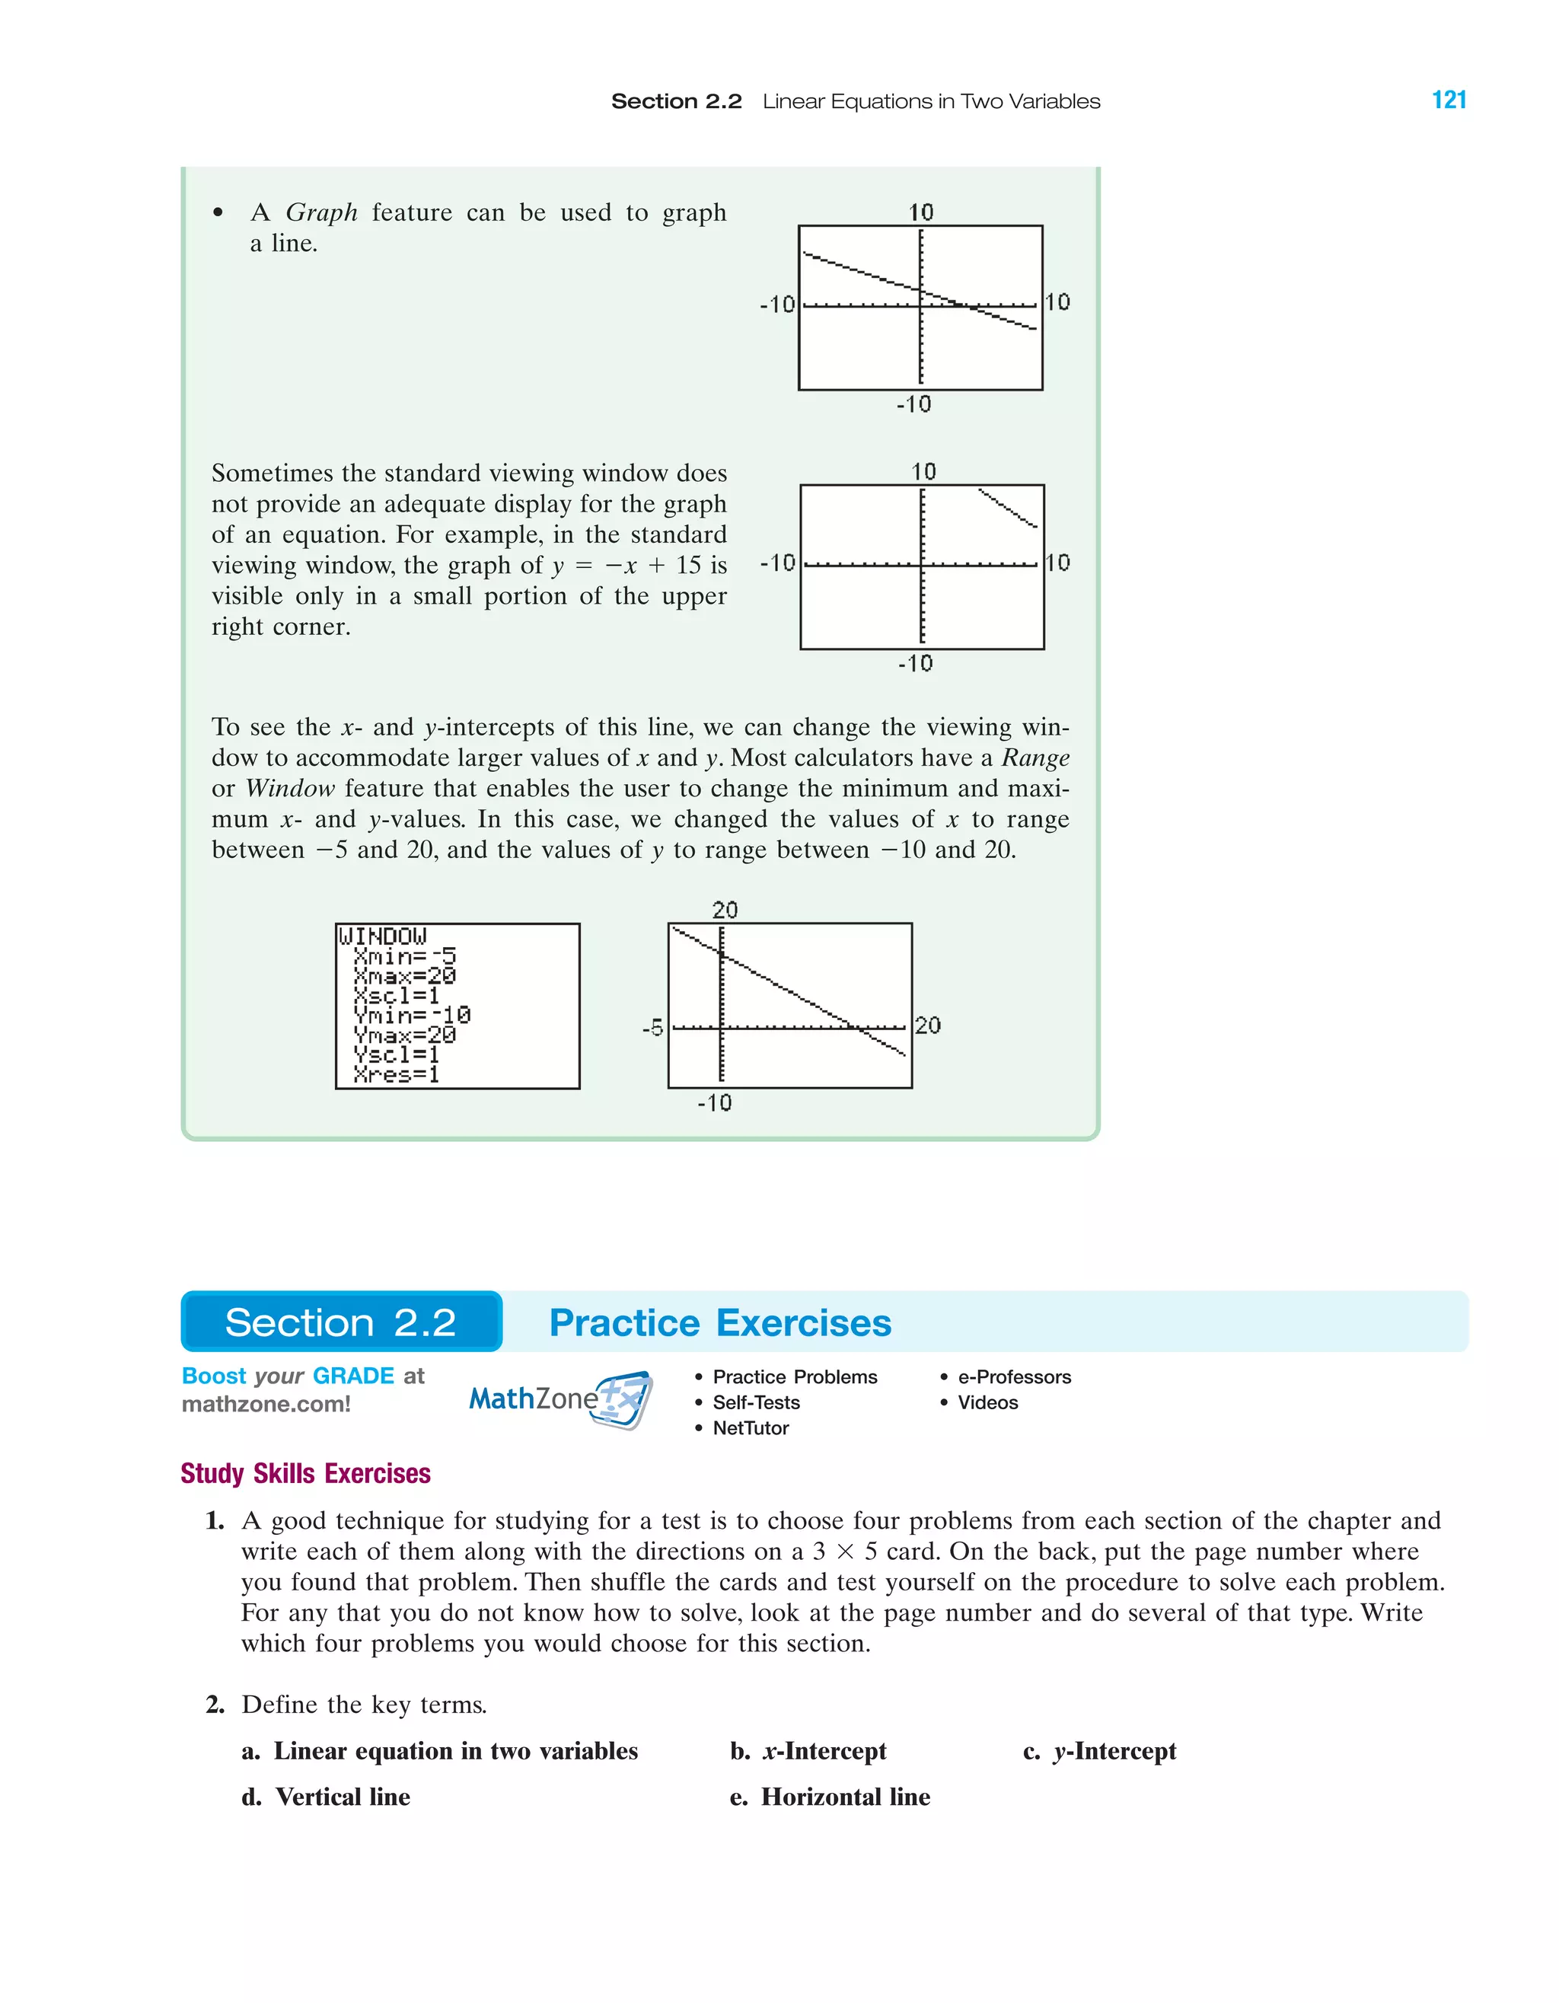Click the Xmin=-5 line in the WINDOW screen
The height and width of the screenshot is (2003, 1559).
coord(404,956)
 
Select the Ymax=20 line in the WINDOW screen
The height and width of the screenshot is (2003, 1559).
coord(404,1035)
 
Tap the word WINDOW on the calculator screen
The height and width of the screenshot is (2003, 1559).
coord(382,936)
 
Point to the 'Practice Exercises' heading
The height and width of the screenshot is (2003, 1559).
coord(720,1322)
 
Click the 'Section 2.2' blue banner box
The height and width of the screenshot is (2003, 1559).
coord(341,1322)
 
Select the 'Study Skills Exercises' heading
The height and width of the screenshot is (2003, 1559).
coord(305,1473)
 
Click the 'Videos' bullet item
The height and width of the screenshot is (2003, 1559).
coord(987,1402)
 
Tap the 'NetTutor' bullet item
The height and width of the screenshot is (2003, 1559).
coord(750,1428)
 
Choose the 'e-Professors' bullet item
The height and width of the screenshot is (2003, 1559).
coord(1013,1376)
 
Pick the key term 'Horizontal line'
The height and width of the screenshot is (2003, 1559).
coord(845,1797)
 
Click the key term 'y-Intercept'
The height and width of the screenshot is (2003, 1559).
coord(1114,1751)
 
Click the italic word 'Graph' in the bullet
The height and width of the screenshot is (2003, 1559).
coord(321,212)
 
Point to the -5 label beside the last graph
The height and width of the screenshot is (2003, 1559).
coord(652,1028)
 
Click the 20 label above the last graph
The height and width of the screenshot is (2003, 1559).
coord(725,910)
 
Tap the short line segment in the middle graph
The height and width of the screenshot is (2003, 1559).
coord(1008,508)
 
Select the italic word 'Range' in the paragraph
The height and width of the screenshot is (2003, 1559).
coord(1035,758)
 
